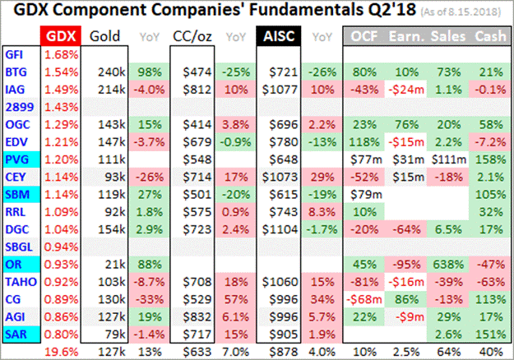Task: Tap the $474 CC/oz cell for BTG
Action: tap(189, 72)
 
